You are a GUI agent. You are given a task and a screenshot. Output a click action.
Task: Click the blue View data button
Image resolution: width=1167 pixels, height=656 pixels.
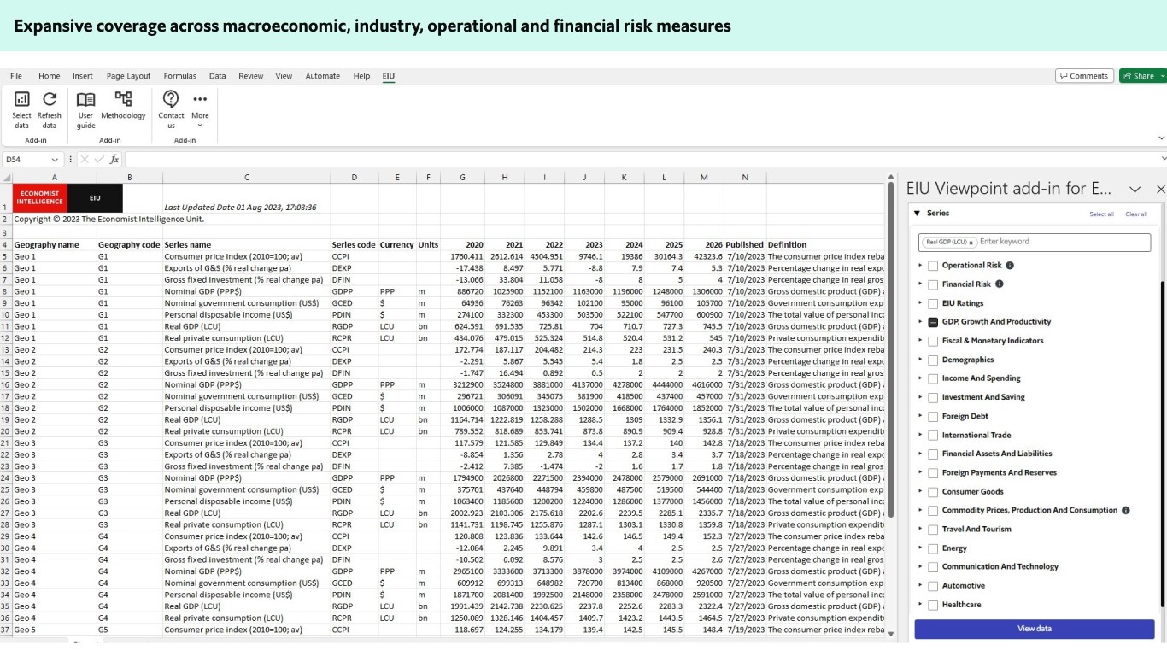[x=1034, y=629]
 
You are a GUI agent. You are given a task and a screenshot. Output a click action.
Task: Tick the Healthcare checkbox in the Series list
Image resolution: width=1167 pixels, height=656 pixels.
[x=933, y=605]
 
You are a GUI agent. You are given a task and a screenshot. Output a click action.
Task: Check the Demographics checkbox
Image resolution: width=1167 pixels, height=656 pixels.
[x=933, y=360]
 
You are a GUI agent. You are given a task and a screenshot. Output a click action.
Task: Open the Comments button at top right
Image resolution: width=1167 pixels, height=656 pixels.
[x=1084, y=76]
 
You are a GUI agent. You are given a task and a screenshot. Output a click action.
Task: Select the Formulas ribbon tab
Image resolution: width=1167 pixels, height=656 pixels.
[x=179, y=76]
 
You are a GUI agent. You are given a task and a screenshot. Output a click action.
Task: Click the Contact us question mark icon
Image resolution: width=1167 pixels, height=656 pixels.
[x=171, y=99]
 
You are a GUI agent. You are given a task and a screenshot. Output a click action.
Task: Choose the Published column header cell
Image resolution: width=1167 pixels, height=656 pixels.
[x=744, y=244]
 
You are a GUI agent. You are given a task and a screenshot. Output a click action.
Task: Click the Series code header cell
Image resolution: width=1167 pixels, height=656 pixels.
[x=353, y=244]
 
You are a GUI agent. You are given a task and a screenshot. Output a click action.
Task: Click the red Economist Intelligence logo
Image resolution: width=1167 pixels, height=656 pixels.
[x=40, y=197]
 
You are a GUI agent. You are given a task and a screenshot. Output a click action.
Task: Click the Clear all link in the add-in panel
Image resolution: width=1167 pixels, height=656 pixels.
[x=1135, y=214]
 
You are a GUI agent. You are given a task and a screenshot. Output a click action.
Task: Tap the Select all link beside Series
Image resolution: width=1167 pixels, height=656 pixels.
[x=1101, y=214]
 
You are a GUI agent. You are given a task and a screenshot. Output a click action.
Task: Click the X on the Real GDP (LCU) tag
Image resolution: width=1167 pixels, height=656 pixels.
[x=971, y=243]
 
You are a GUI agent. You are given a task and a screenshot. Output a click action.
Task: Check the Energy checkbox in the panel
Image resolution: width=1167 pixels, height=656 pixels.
[x=933, y=548]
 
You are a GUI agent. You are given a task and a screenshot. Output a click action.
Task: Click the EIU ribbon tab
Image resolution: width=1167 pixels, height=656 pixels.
[x=388, y=76]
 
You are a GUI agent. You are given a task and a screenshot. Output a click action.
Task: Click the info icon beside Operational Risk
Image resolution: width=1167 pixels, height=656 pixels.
[x=1010, y=266]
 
